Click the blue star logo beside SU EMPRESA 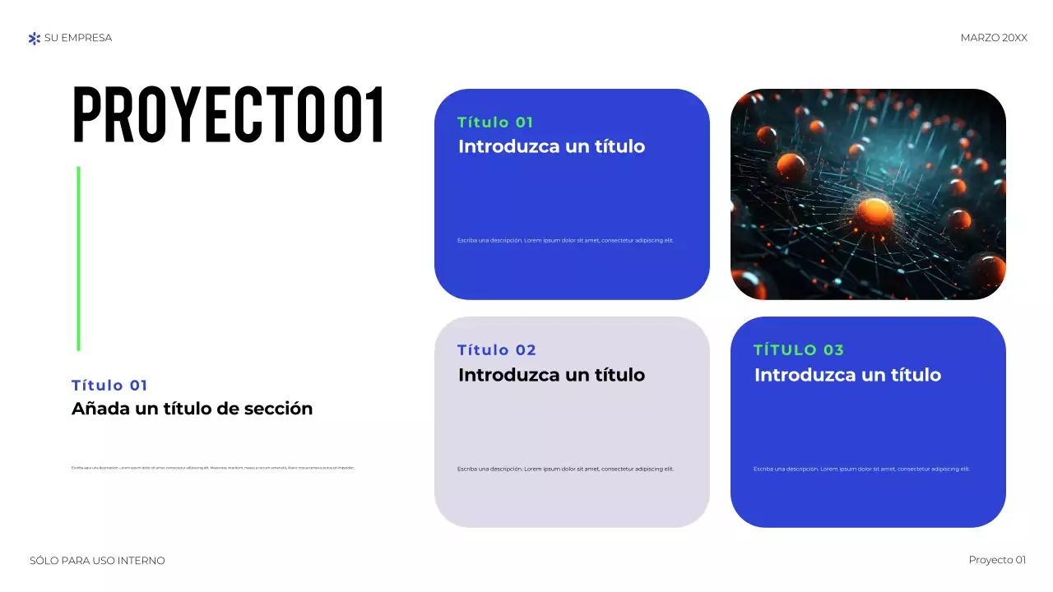(x=34, y=38)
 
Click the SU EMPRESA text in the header (x=78, y=38)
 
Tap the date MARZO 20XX (x=994, y=38)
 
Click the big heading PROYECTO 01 (x=229, y=115)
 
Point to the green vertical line (x=78, y=258)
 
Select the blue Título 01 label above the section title (x=109, y=386)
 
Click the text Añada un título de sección (x=192, y=409)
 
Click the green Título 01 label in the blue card (x=495, y=123)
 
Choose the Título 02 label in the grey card (x=496, y=350)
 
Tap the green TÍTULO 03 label (x=798, y=350)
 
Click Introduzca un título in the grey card (x=551, y=375)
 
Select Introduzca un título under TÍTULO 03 (x=847, y=375)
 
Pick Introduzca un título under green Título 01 (x=551, y=147)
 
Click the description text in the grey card (x=565, y=469)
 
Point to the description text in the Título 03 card (x=861, y=469)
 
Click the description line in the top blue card (x=565, y=240)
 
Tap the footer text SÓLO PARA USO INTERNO (x=97, y=561)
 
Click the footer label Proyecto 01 (x=997, y=560)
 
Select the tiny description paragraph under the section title (x=213, y=468)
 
